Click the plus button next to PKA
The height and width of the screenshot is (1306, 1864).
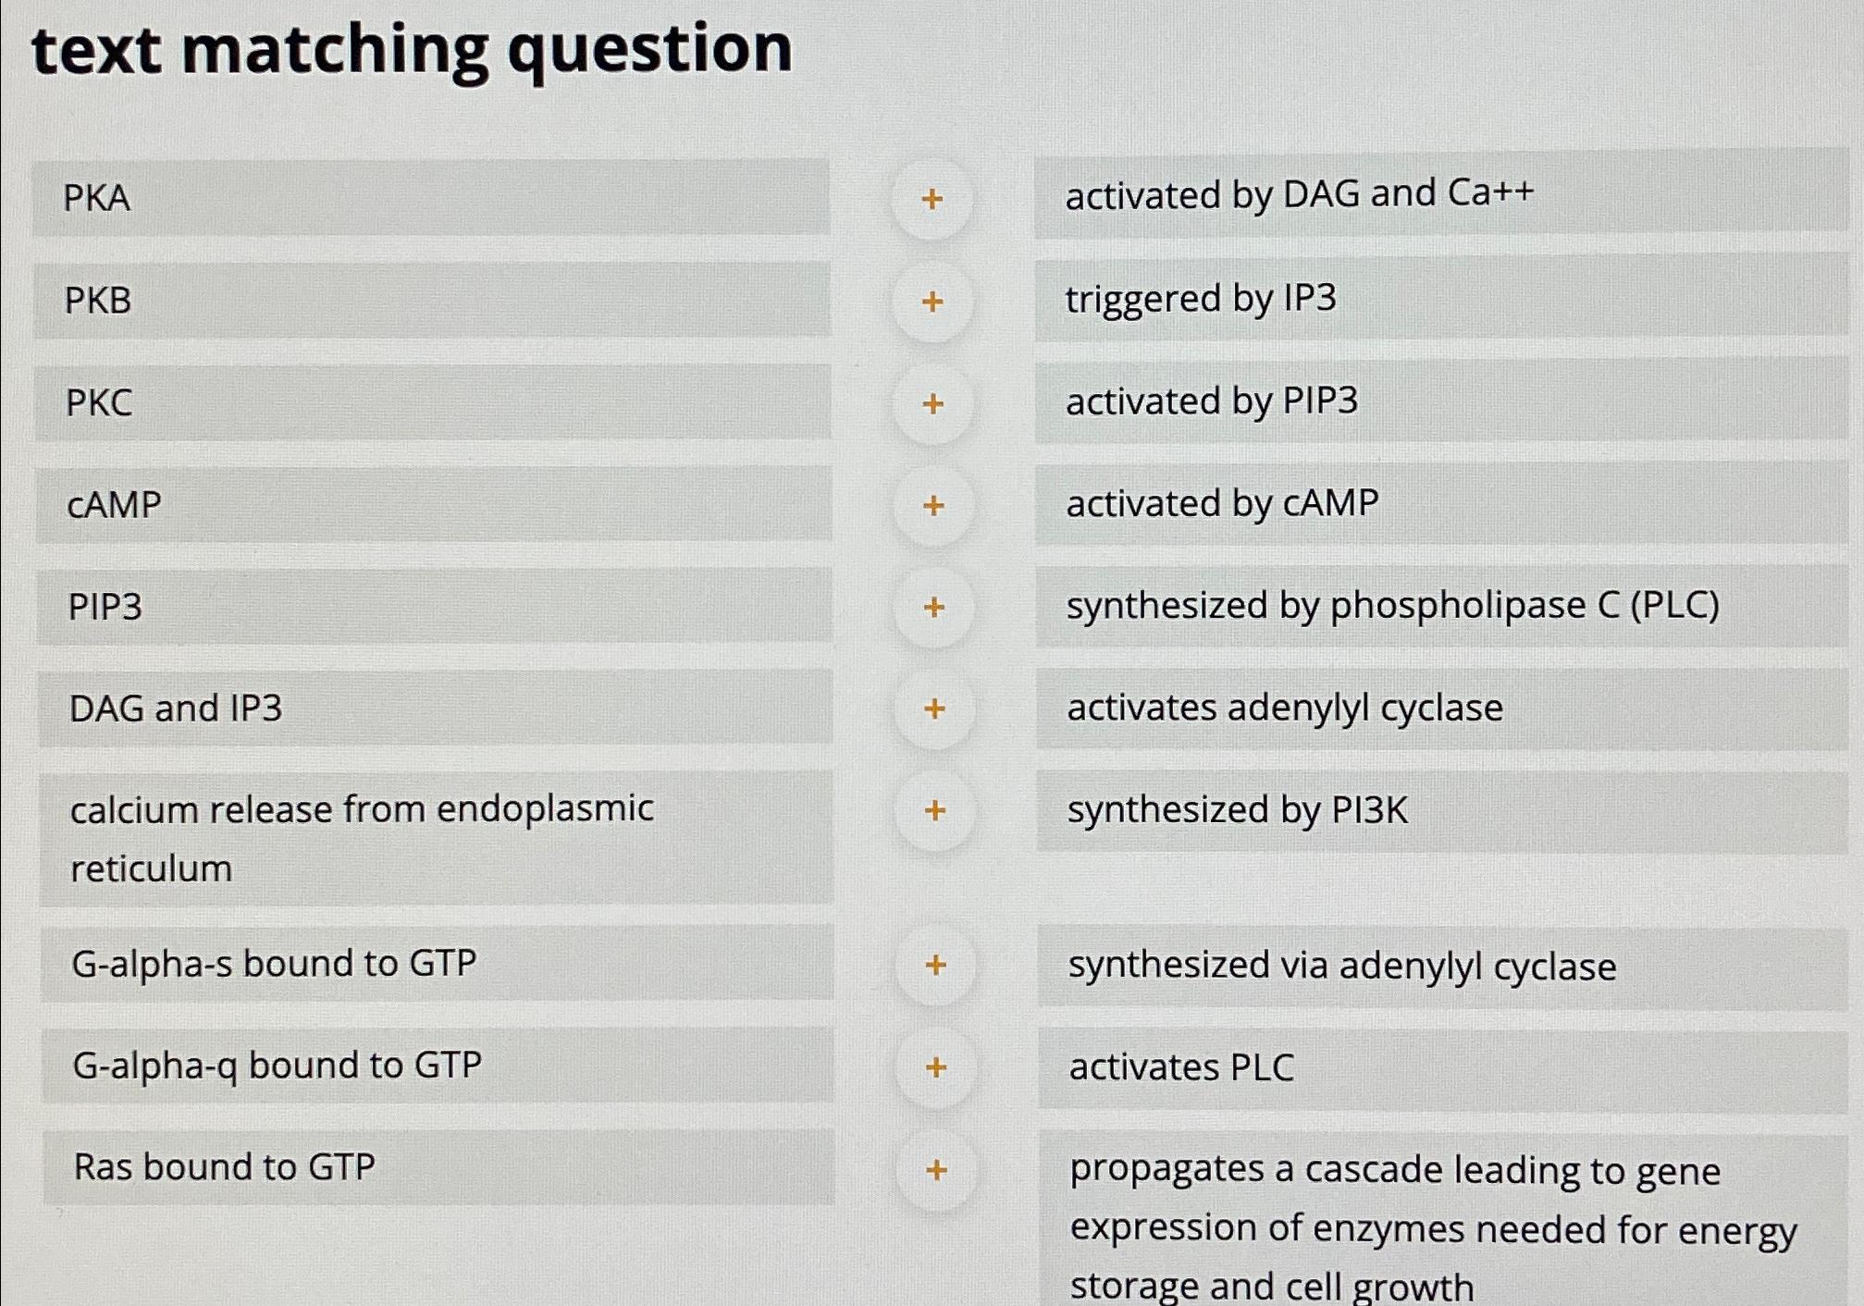pyautogui.click(x=932, y=199)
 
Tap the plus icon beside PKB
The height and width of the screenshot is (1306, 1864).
pyautogui.click(x=932, y=302)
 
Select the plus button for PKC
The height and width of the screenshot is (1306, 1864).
pyautogui.click(x=933, y=403)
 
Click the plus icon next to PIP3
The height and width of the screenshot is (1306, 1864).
pyautogui.click(x=934, y=607)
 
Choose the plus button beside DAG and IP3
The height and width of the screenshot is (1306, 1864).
pyautogui.click(x=934, y=708)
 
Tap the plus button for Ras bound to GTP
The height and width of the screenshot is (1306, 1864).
pyautogui.click(x=936, y=1170)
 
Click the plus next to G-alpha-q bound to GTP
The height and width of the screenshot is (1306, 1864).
pyautogui.click(x=936, y=1067)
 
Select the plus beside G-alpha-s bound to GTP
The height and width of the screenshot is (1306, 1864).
pyautogui.click(x=935, y=965)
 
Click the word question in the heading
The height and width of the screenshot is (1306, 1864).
pyautogui.click(x=649, y=51)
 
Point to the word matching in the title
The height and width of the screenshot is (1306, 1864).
pyautogui.click(x=335, y=51)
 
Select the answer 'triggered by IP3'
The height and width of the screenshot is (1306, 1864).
pyautogui.click(x=1201, y=299)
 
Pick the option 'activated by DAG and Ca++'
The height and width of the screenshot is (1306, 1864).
pyautogui.click(x=1300, y=194)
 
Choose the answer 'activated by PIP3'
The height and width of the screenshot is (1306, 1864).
pyautogui.click(x=1212, y=401)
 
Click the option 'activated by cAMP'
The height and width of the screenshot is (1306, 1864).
pyautogui.click(x=1222, y=504)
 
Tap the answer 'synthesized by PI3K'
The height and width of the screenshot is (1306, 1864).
pyautogui.click(x=1237, y=810)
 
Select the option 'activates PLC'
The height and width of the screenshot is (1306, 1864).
pyautogui.click(x=1181, y=1067)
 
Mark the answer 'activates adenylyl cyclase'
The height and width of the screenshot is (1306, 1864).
pyautogui.click(x=1285, y=708)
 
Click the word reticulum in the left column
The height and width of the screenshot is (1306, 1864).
pyautogui.click(x=152, y=869)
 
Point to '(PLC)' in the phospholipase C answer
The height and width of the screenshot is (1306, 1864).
pyautogui.click(x=1674, y=606)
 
